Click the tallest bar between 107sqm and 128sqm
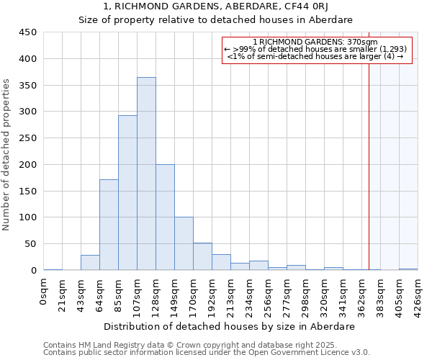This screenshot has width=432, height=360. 146,174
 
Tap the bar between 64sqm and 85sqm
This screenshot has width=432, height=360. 109,225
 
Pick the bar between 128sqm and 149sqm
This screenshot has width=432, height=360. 165,217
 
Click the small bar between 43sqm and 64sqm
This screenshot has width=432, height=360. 90,263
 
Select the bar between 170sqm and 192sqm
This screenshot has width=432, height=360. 202,257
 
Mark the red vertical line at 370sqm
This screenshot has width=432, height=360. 369,158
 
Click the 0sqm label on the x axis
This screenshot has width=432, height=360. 44,292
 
